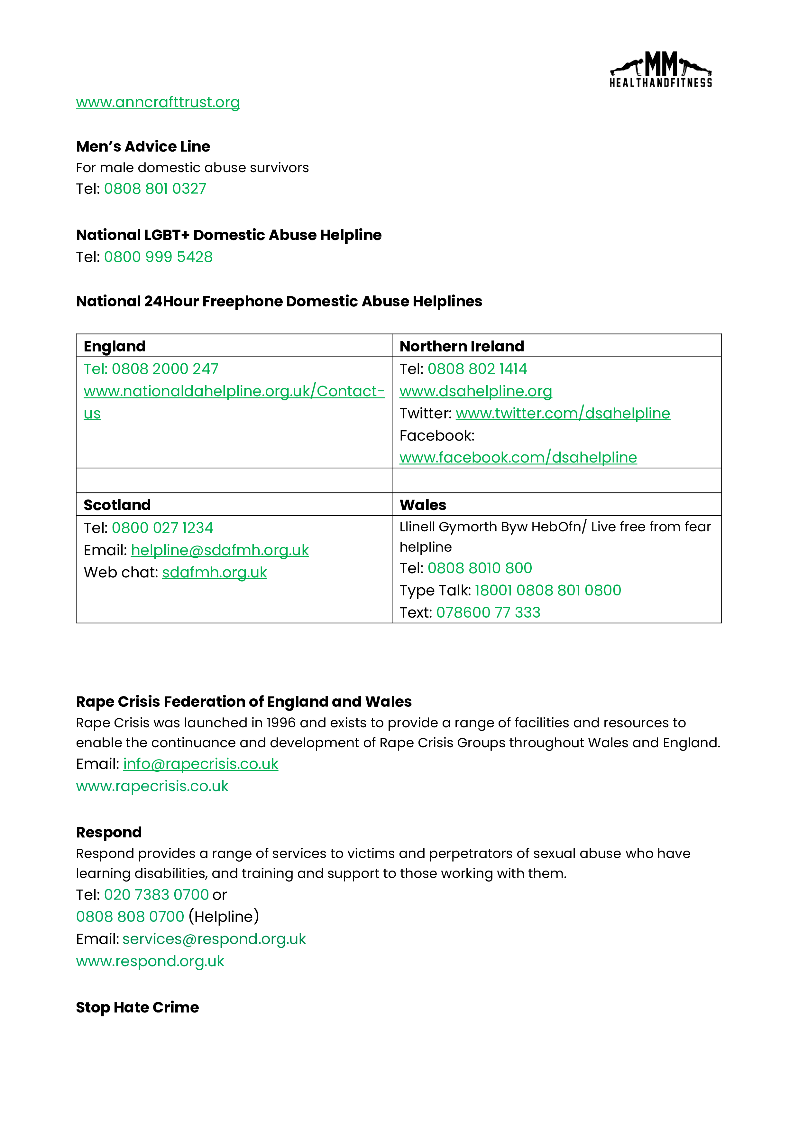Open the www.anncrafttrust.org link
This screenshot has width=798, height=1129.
pos(158,102)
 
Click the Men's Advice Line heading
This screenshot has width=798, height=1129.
pos(143,146)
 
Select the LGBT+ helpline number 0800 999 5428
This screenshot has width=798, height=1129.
pos(158,257)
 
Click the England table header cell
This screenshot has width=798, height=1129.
pos(115,346)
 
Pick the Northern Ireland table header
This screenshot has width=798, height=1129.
pos(462,346)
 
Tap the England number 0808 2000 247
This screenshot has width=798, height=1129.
pos(165,369)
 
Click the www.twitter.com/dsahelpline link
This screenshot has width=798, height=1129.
pos(563,414)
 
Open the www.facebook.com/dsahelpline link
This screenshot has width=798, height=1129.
pos(518,458)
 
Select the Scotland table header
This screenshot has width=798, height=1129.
pos(117,505)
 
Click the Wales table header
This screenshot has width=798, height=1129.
pos(423,505)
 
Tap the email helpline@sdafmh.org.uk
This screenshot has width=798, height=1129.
pos(220,550)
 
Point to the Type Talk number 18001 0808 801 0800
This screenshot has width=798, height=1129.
pos(547,590)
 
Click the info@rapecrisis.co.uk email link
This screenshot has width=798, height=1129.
pos(200,764)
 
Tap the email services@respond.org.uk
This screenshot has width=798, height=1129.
pos(214,939)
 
